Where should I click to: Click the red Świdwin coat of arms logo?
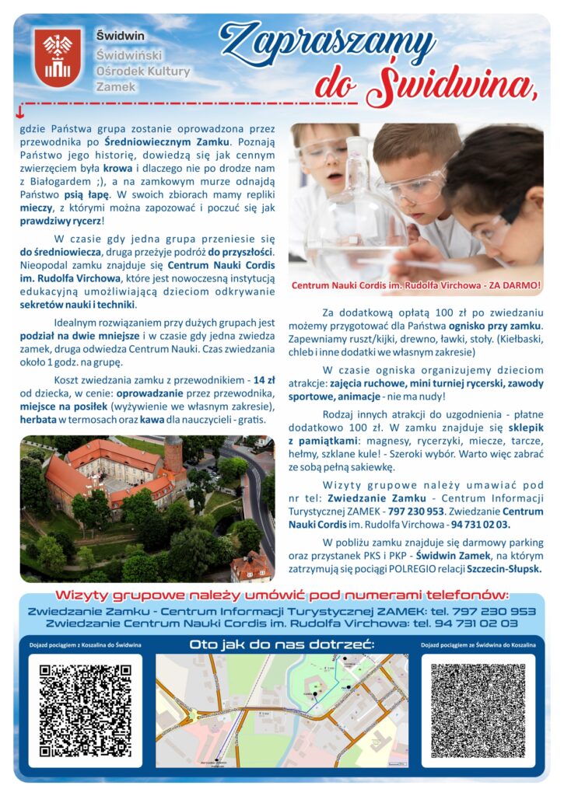(58, 57)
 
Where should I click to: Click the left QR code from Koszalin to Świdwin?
(86, 710)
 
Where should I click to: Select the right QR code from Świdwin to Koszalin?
(478, 710)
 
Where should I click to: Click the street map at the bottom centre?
(282, 710)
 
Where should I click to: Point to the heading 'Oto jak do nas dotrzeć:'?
(282, 644)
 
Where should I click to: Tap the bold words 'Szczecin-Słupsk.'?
(505, 568)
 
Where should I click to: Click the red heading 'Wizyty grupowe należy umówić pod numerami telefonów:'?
(282, 595)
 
